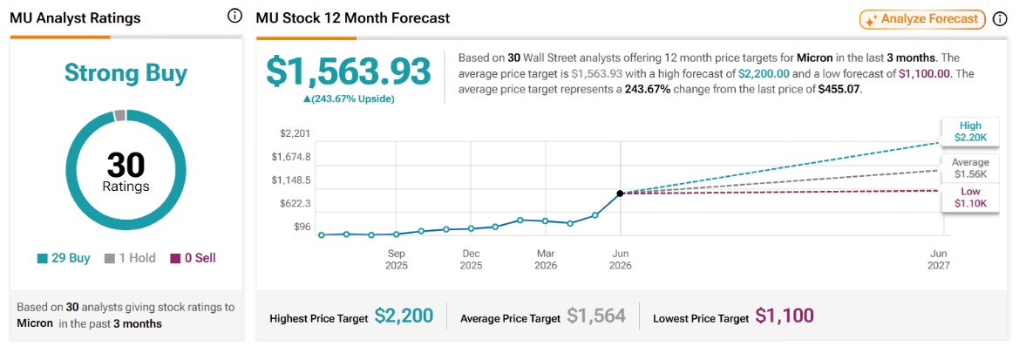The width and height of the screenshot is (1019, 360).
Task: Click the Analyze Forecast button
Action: tap(922, 19)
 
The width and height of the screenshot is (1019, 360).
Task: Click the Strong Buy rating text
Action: tap(126, 73)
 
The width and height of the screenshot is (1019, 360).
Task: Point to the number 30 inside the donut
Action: tap(126, 166)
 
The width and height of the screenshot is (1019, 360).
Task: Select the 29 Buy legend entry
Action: tap(63, 258)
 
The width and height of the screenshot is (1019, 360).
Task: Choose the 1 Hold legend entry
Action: tap(130, 258)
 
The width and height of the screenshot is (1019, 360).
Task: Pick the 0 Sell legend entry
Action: tap(193, 258)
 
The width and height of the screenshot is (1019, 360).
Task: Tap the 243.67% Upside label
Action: tap(349, 98)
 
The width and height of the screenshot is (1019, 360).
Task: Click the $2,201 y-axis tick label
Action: tap(295, 134)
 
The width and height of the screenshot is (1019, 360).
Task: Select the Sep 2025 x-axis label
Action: tap(397, 259)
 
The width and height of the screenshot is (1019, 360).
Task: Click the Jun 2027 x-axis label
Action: tap(940, 259)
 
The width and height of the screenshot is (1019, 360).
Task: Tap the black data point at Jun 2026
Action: tap(620, 193)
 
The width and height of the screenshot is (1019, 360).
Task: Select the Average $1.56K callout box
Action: tap(970, 168)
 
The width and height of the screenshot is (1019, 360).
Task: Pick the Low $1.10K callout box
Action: tap(969, 198)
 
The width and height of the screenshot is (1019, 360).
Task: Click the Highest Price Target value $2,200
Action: tap(404, 316)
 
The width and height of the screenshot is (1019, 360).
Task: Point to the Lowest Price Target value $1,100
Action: tap(785, 316)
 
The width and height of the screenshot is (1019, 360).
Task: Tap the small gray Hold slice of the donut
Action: tap(119, 116)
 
